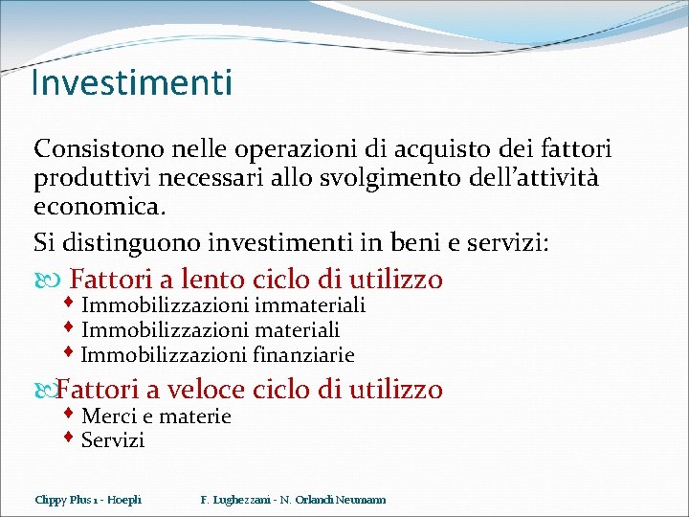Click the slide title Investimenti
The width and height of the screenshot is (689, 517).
[131, 83]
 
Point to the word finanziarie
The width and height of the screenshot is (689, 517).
[304, 355]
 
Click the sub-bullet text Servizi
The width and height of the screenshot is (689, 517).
[113, 440]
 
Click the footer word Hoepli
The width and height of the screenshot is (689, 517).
[124, 500]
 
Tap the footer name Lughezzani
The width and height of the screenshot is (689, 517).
[247, 500]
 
